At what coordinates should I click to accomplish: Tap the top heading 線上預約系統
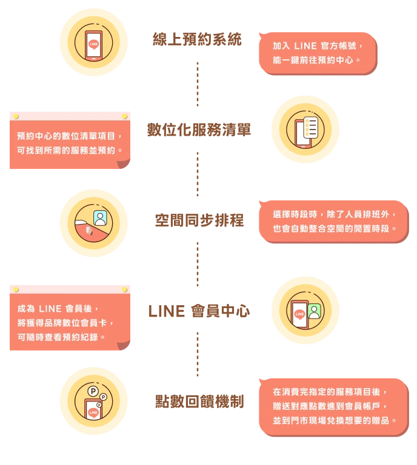click(x=196, y=41)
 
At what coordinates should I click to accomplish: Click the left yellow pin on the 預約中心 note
click(x=16, y=116)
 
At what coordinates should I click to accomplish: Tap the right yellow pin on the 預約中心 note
click(x=124, y=116)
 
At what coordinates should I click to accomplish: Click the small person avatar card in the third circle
click(x=100, y=217)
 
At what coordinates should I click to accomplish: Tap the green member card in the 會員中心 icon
click(x=314, y=311)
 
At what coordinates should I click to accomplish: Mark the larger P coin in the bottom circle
click(x=93, y=391)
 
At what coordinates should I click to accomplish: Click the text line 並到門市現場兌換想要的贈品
click(x=335, y=420)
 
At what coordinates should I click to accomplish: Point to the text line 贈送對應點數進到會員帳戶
click(x=330, y=406)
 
